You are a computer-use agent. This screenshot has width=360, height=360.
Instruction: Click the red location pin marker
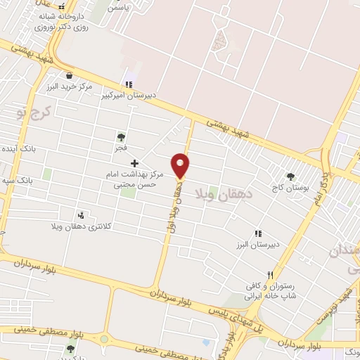click(181, 165)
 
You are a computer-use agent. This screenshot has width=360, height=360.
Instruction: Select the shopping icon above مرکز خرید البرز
click(69, 75)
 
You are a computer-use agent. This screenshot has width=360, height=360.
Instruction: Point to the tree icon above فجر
click(121, 137)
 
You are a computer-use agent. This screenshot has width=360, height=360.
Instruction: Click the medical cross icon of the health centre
click(136, 163)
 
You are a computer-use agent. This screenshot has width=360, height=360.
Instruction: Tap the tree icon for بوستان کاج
click(290, 176)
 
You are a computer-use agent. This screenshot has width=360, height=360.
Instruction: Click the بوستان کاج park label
click(290, 188)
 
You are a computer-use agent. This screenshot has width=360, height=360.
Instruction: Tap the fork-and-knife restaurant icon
click(269, 275)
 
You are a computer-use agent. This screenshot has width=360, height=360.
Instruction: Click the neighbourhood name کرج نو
click(33, 111)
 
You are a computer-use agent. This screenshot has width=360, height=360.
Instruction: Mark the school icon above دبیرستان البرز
click(258, 233)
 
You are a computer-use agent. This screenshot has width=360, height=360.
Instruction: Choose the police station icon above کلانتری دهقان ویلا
click(82, 215)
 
